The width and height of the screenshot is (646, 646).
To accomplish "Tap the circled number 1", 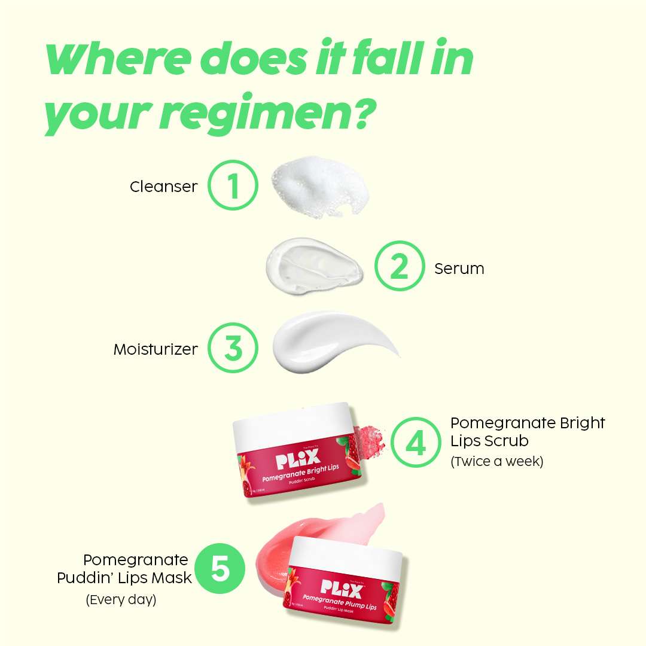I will pyautogui.click(x=233, y=185).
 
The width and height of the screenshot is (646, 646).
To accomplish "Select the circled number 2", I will pyautogui.click(x=399, y=267).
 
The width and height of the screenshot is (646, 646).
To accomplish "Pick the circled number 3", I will pyautogui.click(x=233, y=348).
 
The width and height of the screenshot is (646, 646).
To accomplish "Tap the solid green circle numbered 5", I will pyautogui.click(x=220, y=569).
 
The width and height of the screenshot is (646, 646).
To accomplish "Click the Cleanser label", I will pyautogui.click(x=163, y=187).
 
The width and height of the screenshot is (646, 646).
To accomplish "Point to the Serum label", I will pyautogui.click(x=459, y=269).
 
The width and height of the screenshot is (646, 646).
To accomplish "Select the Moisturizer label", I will pyautogui.click(x=156, y=349).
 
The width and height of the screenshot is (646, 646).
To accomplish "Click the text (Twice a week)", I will pyautogui.click(x=496, y=462).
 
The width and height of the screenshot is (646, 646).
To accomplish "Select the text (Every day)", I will pyautogui.click(x=121, y=599).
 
